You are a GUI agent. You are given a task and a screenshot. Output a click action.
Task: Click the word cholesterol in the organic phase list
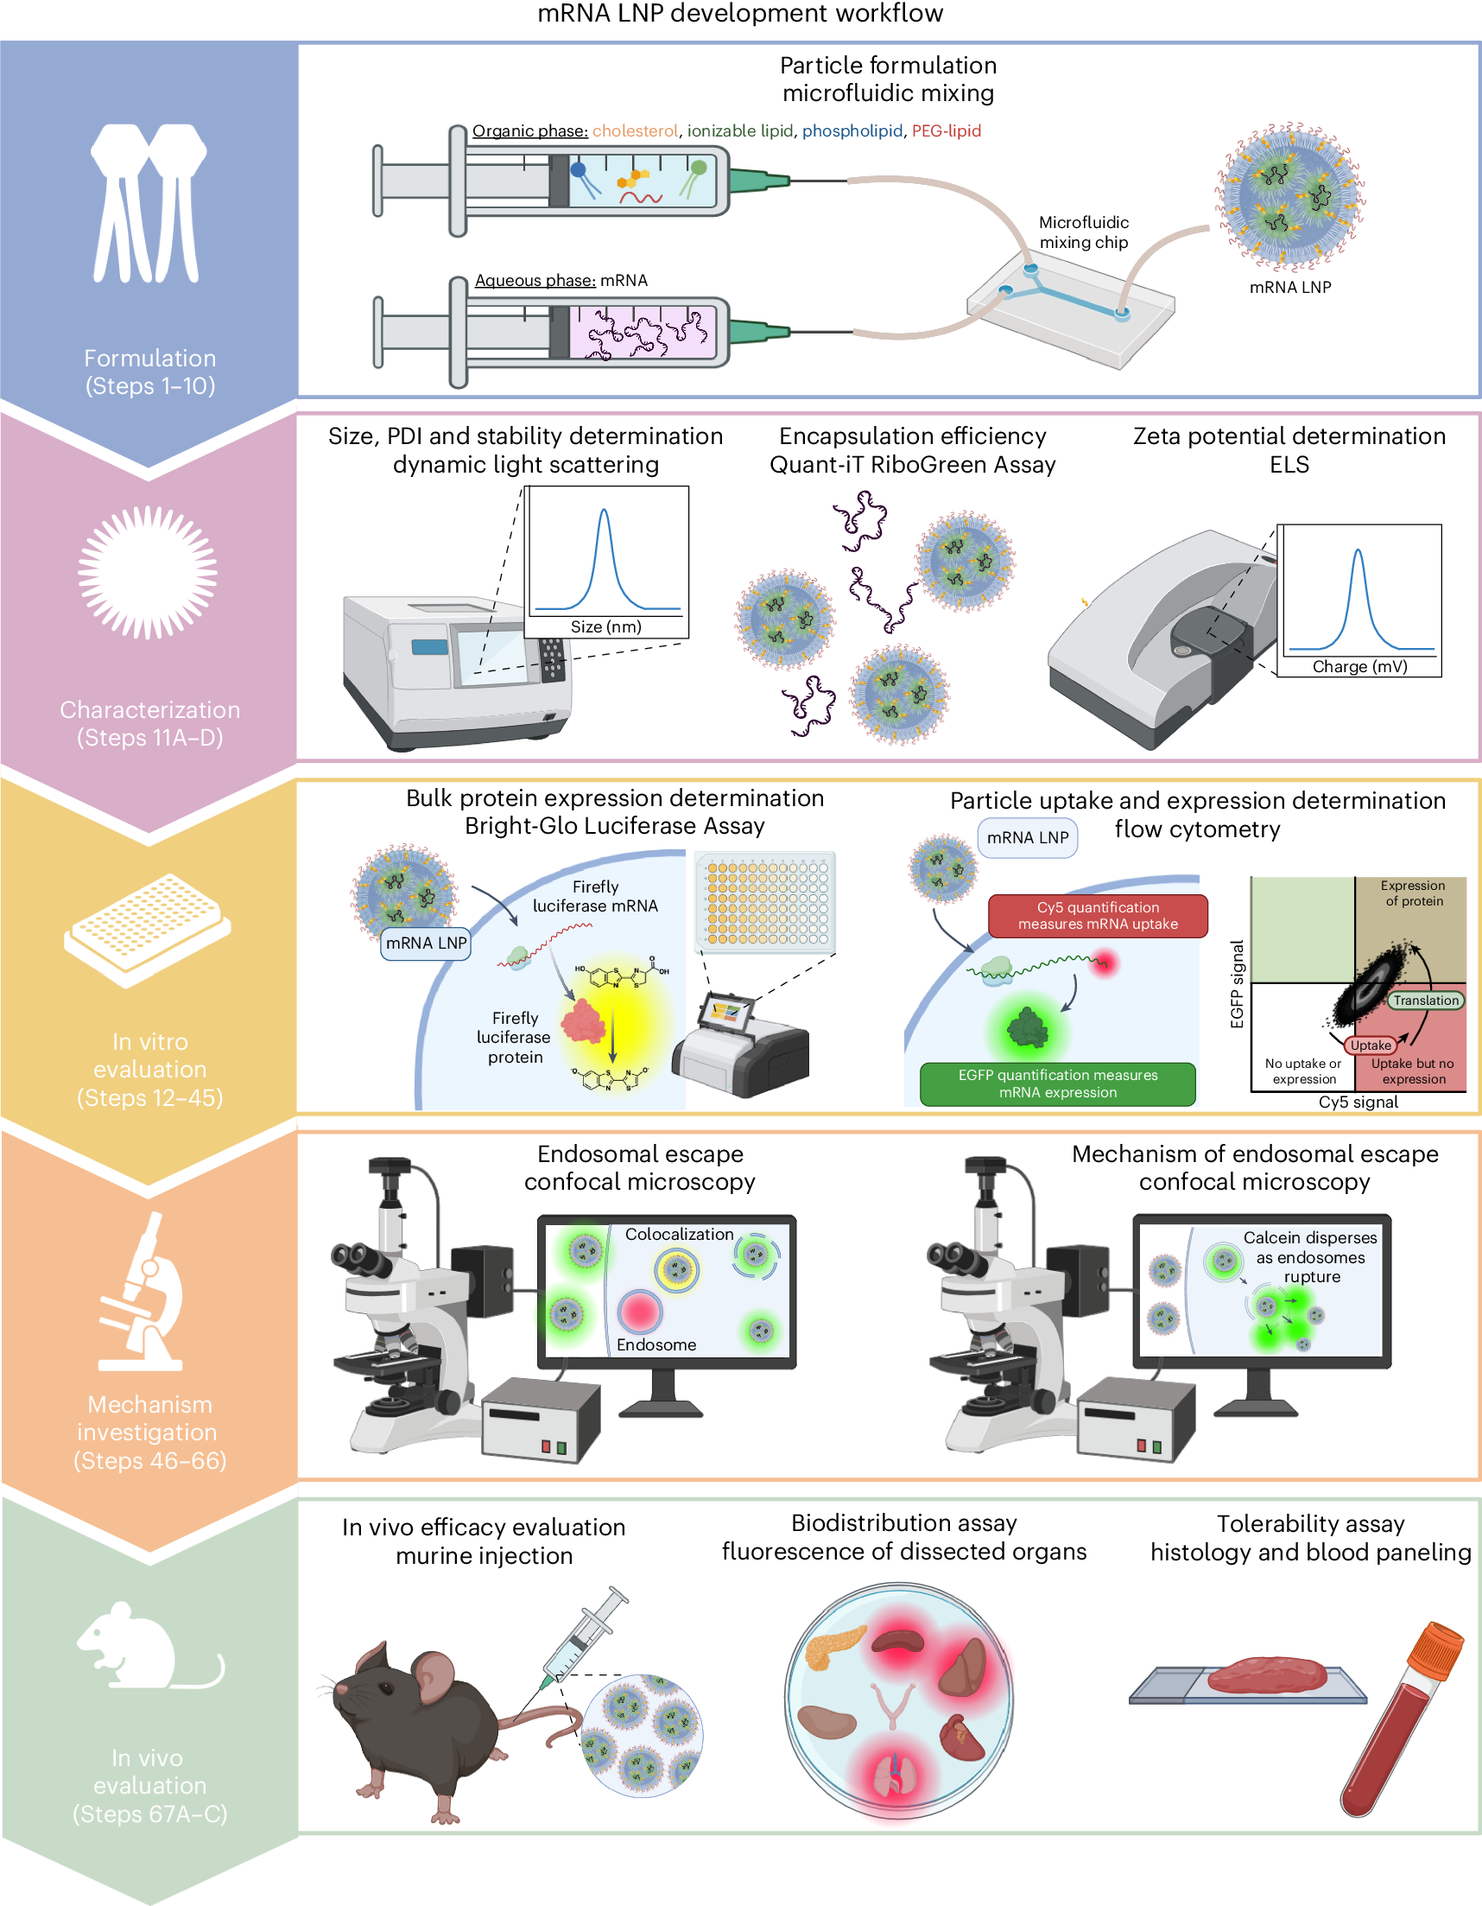(634, 131)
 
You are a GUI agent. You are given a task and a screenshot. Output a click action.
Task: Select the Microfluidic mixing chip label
(1083, 232)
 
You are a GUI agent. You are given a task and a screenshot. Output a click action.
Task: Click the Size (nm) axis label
(605, 626)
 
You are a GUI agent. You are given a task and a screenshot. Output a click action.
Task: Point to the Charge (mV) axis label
(1359, 667)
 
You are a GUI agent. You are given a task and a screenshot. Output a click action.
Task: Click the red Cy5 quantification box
(1098, 916)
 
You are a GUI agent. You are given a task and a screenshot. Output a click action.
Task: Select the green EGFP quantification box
(1057, 1084)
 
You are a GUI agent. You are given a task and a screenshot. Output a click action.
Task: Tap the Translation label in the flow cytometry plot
(1425, 1001)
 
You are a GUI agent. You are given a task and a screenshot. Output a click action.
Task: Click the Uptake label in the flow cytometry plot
(1371, 1045)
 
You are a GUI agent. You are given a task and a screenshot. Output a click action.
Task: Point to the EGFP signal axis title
(1236, 983)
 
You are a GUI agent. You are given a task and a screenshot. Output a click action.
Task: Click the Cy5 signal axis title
(1358, 1102)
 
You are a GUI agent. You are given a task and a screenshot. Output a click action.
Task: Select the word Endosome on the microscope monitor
(656, 1345)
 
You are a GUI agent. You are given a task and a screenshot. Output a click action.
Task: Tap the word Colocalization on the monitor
(679, 1234)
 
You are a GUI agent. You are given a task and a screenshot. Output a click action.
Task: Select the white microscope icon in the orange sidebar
(144, 1292)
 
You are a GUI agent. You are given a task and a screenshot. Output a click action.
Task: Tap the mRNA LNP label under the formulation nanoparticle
(1290, 287)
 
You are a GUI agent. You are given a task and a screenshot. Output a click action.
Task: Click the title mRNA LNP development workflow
(739, 14)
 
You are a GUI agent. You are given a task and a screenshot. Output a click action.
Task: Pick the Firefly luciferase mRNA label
(595, 896)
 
